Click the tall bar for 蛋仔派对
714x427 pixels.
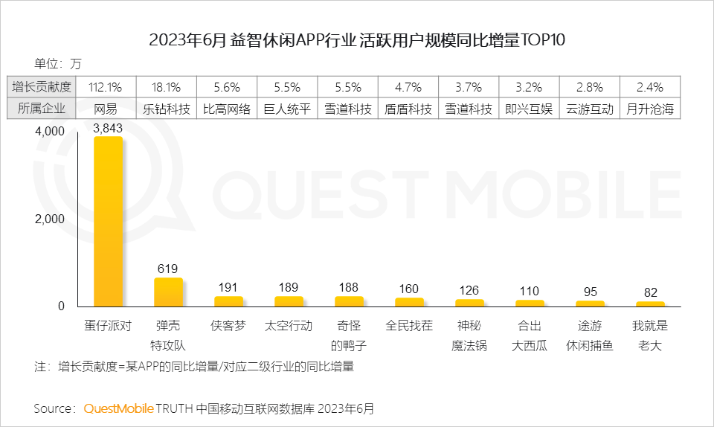(108, 222)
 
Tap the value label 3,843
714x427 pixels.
(108, 128)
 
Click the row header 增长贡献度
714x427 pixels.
(42, 87)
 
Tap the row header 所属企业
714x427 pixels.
(42, 109)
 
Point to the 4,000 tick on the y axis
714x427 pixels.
(50, 132)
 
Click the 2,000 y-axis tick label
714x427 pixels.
(50, 219)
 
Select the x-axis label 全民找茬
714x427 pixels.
(409, 326)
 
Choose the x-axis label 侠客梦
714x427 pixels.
(228, 326)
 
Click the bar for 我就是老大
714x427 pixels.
(650, 304)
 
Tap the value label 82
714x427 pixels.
(650, 292)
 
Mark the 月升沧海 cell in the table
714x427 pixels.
(650, 109)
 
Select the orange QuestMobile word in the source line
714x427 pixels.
(119, 408)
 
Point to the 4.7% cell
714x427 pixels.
(408, 87)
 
